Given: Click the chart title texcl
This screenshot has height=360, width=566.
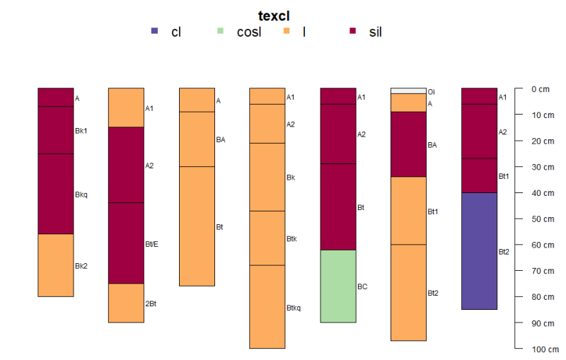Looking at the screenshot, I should tap(274, 16).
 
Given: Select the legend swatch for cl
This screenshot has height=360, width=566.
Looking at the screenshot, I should tap(154, 31).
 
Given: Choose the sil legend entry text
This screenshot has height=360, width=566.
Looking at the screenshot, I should tap(376, 32).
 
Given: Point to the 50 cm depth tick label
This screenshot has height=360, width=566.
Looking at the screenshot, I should tap(540, 219).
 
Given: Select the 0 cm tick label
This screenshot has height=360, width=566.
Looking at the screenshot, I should tap(540, 89).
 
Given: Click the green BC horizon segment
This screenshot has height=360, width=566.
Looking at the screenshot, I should tap(338, 286).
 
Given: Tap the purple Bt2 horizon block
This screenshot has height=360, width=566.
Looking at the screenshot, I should tap(479, 250).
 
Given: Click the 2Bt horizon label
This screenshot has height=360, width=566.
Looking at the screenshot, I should tap(151, 303).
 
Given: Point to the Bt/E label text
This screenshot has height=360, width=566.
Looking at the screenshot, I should tap(152, 244).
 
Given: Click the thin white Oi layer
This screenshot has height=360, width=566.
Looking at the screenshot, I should tap(409, 91).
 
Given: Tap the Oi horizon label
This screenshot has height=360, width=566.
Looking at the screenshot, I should tap(431, 91).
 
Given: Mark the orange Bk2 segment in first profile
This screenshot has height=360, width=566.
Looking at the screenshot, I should tap(55, 265).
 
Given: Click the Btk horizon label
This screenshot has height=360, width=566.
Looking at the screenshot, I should tap(291, 239).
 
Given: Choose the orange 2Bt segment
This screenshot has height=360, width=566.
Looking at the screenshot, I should tap(126, 303).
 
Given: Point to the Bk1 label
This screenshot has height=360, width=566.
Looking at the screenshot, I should tap(81, 131).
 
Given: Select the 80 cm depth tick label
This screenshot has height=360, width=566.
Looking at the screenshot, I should tap(540, 297).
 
